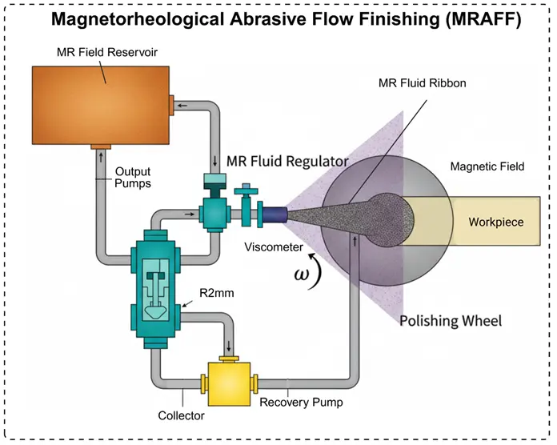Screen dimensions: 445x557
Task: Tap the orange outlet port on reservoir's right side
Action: point(172,102)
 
